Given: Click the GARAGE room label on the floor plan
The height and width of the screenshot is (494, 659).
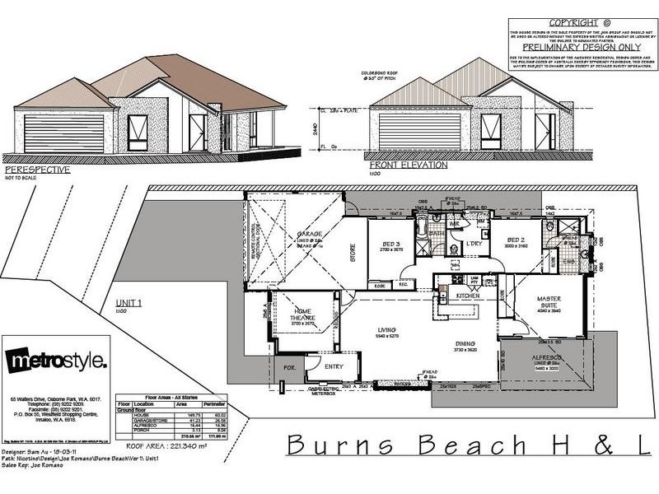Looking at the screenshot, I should click(x=309, y=234).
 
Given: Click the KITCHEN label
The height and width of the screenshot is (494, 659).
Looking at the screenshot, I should click(x=467, y=295).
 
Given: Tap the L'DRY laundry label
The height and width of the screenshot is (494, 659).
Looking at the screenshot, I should click(x=474, y=244).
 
